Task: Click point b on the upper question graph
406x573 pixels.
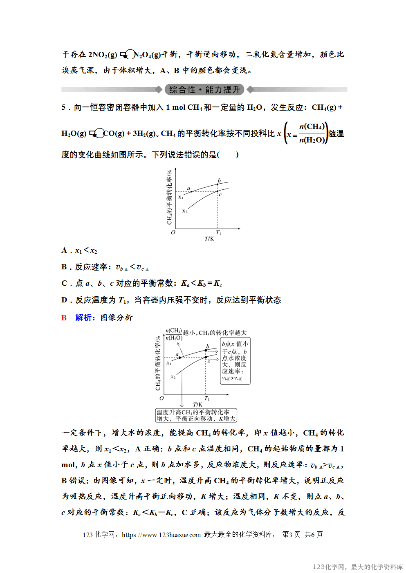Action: point(218,184)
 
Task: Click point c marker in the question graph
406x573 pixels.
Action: point(218,191)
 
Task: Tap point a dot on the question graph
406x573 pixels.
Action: point(191,191)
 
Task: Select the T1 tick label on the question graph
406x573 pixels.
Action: point(219,233)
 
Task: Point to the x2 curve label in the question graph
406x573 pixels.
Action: point(185,211)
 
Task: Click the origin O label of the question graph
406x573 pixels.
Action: point(173,233)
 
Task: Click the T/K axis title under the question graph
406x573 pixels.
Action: point(209,239)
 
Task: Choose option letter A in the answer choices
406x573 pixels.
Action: point(64,250)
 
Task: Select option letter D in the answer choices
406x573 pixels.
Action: point(64,300)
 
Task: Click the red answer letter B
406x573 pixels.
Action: point(64,318)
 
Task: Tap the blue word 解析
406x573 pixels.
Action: point(85,318)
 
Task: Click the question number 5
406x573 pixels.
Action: point(63,107)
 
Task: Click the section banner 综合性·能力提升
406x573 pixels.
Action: point(204,89)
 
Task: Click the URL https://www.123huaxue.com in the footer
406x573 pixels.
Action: point(161,535)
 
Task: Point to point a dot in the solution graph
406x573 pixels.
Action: point(180,358)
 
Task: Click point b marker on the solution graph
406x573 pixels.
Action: point(206,351)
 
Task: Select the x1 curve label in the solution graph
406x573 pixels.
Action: point(169,363)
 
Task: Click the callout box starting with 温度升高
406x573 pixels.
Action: point(196,415)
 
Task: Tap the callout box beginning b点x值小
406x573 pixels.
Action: point(235,361)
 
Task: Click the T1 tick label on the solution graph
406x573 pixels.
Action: point(207,398)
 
